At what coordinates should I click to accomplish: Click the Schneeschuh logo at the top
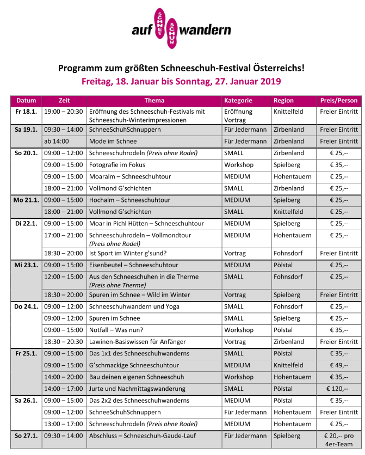[181, 29]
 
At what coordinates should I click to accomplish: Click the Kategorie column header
[238, 101]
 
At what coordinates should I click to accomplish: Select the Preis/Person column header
[338, 101]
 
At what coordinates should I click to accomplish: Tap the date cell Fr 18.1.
[26, 112]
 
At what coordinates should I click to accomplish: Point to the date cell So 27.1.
[26, 436]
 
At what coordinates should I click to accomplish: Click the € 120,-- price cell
[339, 389]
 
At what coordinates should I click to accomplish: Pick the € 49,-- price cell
[339, 365]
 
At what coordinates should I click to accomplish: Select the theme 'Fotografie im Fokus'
[119, 165]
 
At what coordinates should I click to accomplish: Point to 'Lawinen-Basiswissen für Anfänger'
[137, 342]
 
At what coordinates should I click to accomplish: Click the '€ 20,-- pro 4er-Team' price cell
[339, 440]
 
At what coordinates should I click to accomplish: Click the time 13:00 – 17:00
[64, 424]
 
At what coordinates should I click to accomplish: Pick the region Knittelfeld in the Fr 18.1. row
[289, 112]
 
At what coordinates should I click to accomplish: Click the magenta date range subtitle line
[181, 82]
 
